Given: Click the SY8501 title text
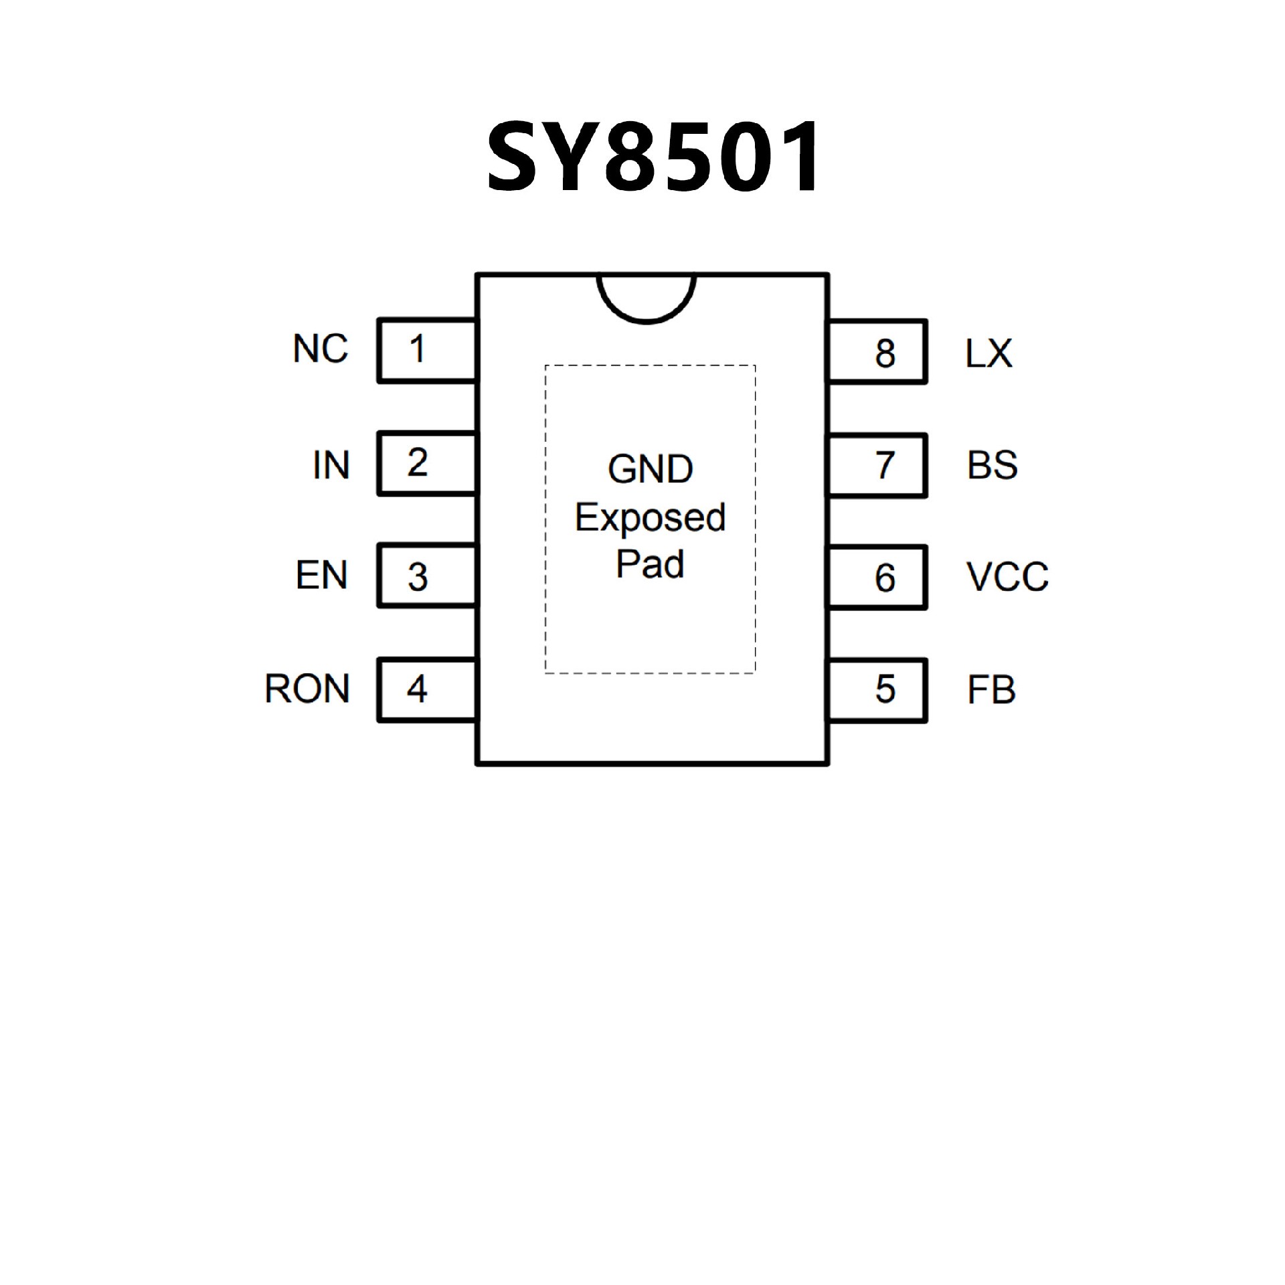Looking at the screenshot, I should tap(653, 158).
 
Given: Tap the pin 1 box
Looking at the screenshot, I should tap(427, 351).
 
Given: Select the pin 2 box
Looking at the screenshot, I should tap(427, 464).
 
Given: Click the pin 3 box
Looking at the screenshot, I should tap(427, 576).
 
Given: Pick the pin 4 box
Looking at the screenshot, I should tap(427, 689).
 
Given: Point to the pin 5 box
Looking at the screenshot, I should tap(878, 691).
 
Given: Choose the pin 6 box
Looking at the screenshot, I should tap(878, 578).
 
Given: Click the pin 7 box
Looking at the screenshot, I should tap(878, 465).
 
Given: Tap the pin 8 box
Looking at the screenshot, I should tap(878, 352).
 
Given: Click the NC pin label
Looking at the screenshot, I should tap(321, 349).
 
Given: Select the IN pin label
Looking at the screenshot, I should tap(331, 465).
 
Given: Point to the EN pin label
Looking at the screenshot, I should tap(322, 576).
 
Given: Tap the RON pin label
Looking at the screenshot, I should tap(307, 689).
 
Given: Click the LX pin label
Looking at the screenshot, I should tap(989, 353).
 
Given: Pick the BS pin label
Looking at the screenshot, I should tap(992, 465).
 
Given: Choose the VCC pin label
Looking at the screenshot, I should tap(1007, 577).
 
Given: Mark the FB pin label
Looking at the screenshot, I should tap(991, 690).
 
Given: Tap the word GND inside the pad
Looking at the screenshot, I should tap(650, 469).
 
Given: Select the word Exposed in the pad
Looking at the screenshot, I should tap(650, 518).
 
